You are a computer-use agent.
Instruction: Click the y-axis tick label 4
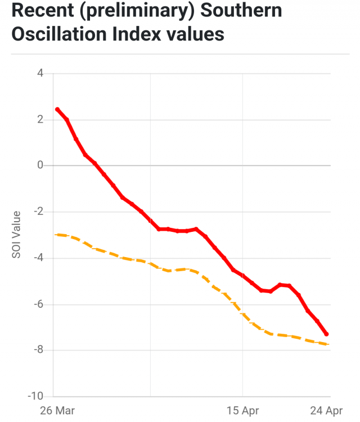pyautogui.click(x=40, y=73)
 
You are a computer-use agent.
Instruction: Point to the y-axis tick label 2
pyautogui.click(x=40, y=119)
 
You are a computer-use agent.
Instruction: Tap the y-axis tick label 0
pyautogui.click(x=40, y=165)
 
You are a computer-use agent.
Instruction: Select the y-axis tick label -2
pyautogui.click(x=38, y=212)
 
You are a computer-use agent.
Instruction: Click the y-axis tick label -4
pyautogui.click(x=38, y=258)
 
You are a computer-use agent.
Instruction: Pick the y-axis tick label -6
pyautogui.click(x=38, y=304)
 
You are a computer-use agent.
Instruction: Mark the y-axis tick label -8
pyautogui.click(x=38, y=351)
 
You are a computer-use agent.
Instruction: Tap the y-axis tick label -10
pyautogui.click(x=36, y=397)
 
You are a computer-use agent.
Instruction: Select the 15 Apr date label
pyautogui.click(x=242, y=411)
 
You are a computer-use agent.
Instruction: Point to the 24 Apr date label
pyautogui.click(x=327, y=411)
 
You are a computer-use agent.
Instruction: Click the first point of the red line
pyautogui.click(x=57, y=109)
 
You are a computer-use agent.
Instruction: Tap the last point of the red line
pyautogui.click(x=327, y=334)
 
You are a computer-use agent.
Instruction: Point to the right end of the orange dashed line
pyautogui.click(x=328, y=344)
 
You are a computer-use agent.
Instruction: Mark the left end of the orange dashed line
pyautogui.click(x=56, y=234)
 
